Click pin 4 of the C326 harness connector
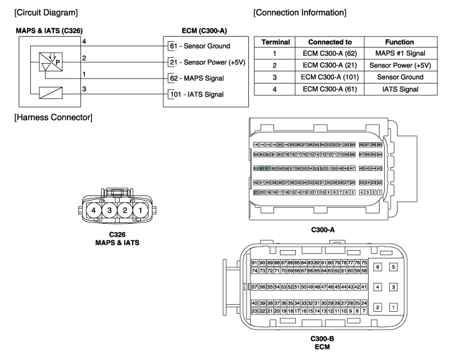click(94, 210)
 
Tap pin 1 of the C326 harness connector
click(140, 210)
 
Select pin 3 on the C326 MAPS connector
click(109, 210)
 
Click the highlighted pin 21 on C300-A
click(256, 192)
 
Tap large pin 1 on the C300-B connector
click(394, 307)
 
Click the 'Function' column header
click(400, 42)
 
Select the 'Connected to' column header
click(329, 42)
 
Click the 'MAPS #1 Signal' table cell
click(400, 53)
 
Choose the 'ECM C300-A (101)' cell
click(329, 77)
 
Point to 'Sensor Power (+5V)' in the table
click(400, 66)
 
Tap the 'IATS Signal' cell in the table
click(400, 89)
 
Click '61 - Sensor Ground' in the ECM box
click(199, 46)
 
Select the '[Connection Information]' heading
click(300, 13)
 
